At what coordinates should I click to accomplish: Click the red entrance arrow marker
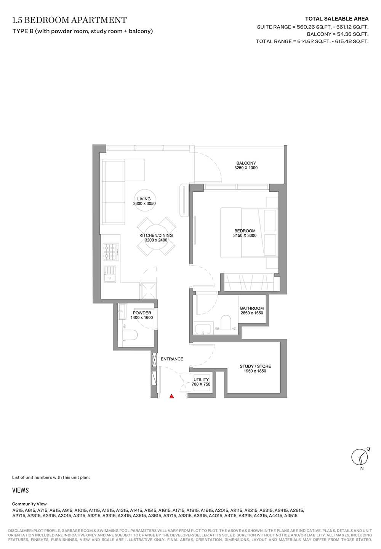172,396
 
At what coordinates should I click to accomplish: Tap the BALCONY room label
246,163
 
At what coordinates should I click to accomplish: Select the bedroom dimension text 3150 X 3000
245,235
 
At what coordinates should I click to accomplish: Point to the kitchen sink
110,274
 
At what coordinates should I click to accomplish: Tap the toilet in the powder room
130,335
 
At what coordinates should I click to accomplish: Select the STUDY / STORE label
255,366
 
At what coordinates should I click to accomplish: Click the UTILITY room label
201,379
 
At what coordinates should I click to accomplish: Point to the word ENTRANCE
172,359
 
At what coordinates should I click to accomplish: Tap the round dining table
156,237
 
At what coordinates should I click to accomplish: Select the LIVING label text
144,199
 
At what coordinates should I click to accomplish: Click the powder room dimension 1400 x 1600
142,318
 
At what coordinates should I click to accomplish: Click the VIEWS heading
20,490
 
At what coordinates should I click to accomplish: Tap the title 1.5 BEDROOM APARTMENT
70,20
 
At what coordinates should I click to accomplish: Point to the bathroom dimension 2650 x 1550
252,313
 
